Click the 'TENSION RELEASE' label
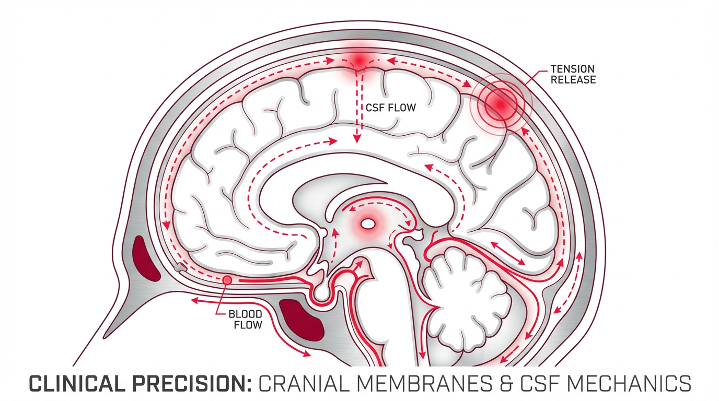coord(573,74)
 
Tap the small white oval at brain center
coord(368,225)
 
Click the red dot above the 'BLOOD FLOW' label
coord(227,280)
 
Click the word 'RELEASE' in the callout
coord(573,80)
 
